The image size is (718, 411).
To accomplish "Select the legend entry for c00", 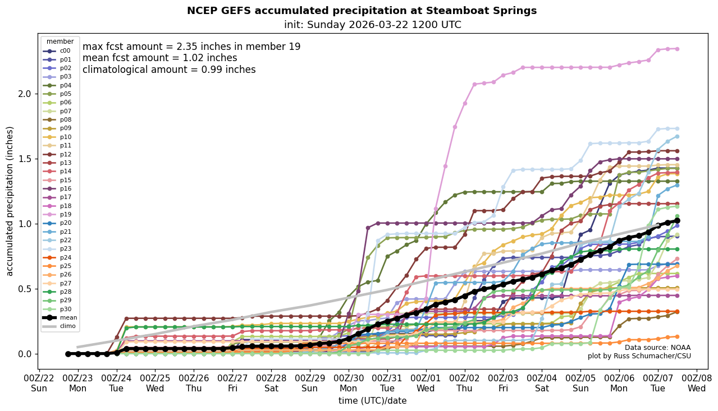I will tap(65, 50).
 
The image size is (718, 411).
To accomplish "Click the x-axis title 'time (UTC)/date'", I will tap(372, 401).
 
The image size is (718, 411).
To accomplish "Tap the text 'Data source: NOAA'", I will tap(657, 348).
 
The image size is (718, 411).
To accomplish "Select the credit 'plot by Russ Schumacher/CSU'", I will tap(639, 356).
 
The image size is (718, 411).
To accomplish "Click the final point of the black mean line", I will tap(677, 221).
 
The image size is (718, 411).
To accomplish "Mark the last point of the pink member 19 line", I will tap(677, 49).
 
